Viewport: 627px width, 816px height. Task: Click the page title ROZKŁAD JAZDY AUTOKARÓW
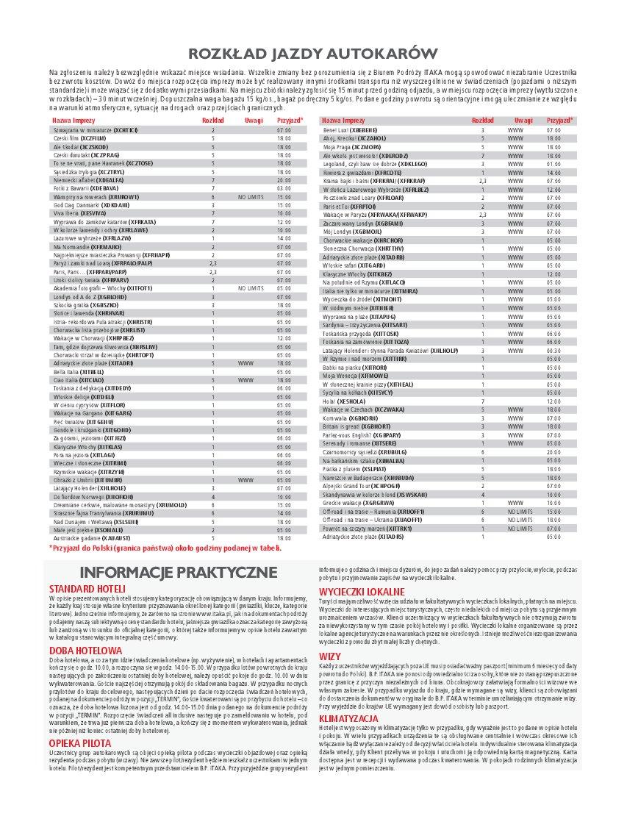(x=313, y=52)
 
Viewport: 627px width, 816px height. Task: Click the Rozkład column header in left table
(x=212, y=119)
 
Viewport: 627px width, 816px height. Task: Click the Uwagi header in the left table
(x=254, y=119)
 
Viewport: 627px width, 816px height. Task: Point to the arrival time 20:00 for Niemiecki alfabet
(x=284, y=179)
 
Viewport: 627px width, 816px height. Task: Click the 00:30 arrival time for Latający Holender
(x=553, y=351)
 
